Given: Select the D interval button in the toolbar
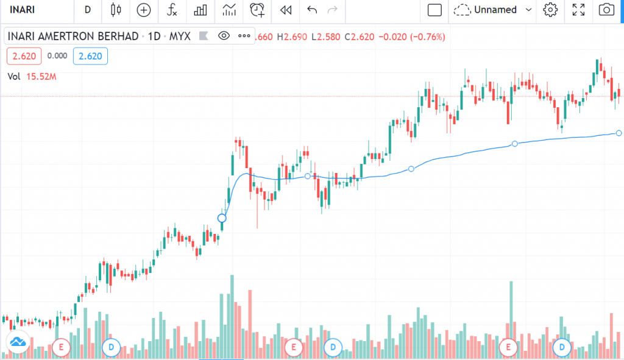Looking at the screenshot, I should tap(88, 10).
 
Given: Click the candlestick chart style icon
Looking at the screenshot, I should tap(116, 10).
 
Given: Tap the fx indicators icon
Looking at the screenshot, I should tap(172, 10).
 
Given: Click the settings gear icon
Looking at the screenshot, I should tap(551, 10).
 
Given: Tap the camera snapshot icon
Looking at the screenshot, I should tap(606, 10).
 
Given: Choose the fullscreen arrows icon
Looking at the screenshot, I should tap(578, 10).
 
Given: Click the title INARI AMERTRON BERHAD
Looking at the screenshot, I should tap(73, 37).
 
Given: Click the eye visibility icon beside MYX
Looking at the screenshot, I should tap(224, 37).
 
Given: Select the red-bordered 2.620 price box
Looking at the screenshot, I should tap(24, 56).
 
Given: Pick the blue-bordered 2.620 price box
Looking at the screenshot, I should tap(90, 56).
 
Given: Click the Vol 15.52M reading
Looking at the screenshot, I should tap(32, 76).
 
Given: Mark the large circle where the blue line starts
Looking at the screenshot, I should tap(222, 218).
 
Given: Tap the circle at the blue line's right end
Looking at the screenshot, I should tap(619, 133).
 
